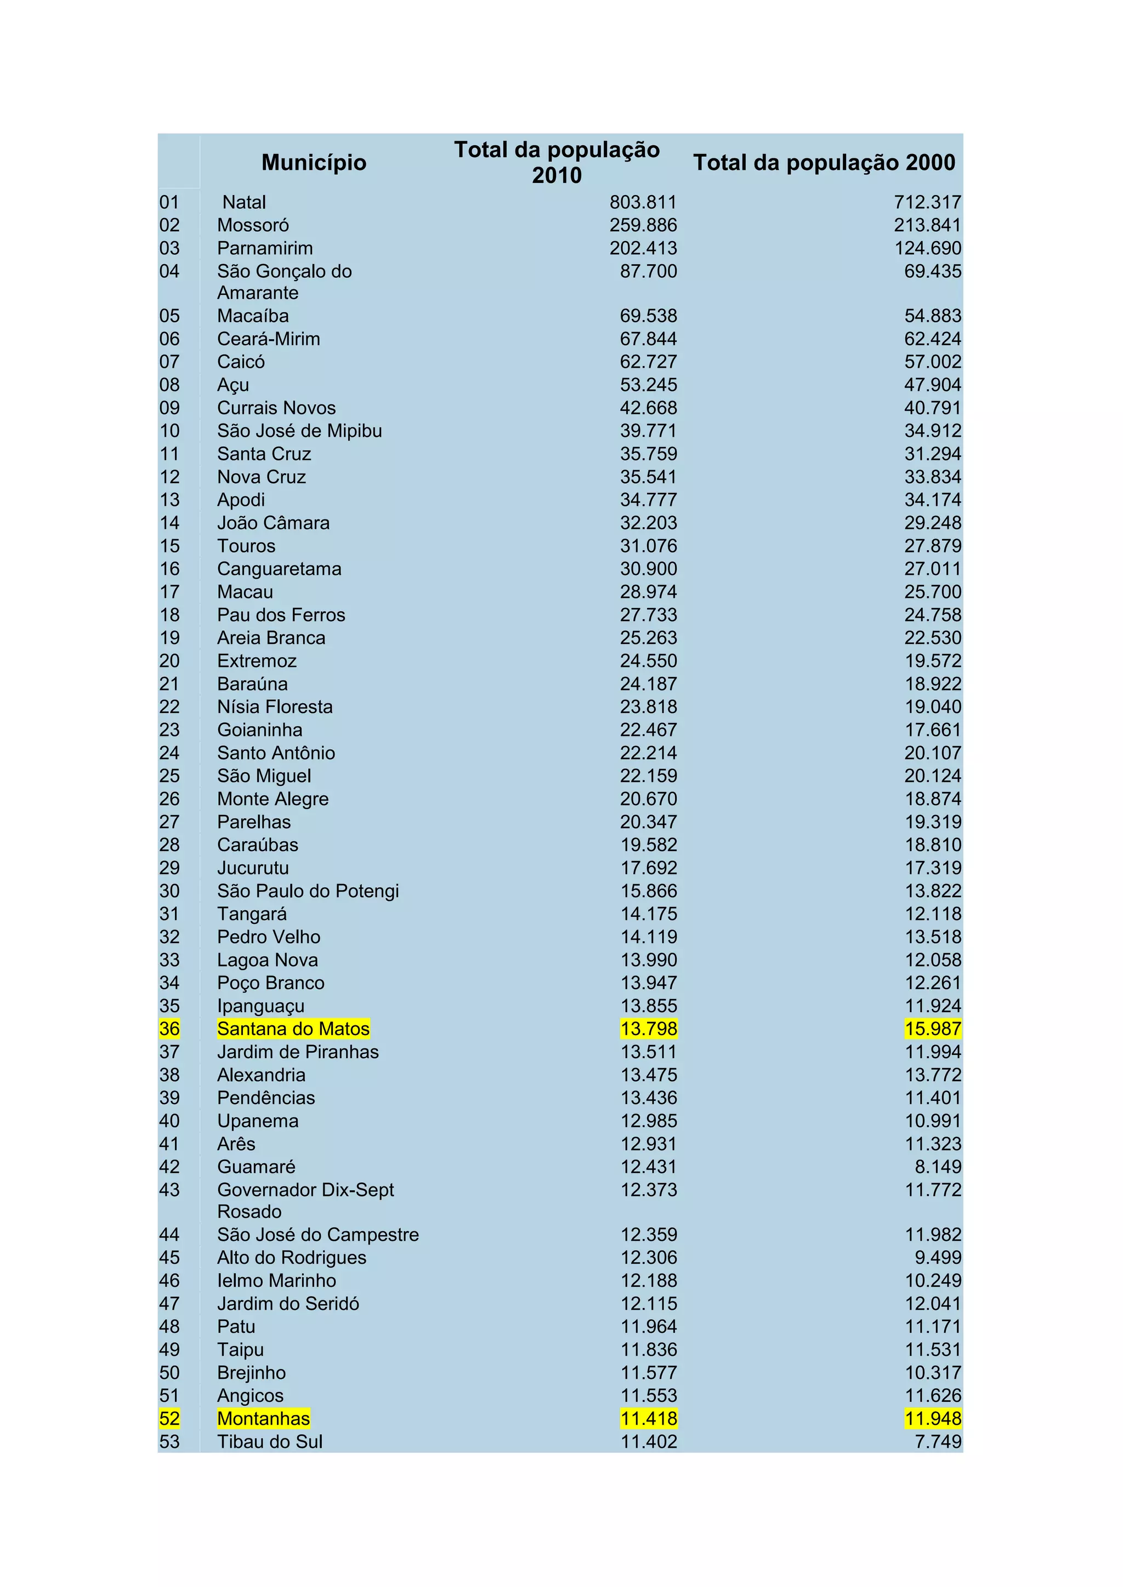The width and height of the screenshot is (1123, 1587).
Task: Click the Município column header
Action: click(x=314, y=162)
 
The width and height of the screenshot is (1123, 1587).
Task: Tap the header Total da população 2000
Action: click(x=824, y=162)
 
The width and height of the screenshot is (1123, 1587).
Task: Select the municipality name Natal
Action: click(x=244, y=203)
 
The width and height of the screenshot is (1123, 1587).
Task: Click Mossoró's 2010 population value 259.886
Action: click(x=643, y=225)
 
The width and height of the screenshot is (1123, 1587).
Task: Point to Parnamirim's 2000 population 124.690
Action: click(x=927, y=248)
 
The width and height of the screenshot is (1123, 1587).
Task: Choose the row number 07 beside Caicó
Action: click(x=169, y=362)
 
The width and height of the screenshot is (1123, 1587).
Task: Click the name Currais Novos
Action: click(x=276, y=408)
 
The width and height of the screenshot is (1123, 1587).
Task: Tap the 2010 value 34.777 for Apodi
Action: click(x=648, y=500)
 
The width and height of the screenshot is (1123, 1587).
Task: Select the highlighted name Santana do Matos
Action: click(x=293, y=1029)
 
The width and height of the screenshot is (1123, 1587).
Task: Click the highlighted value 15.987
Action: click(x=933, y=1029)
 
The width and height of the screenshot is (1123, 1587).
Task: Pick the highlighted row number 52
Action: click(x=169, y=1418)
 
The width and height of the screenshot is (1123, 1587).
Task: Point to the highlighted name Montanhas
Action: click(x=263, y=1418)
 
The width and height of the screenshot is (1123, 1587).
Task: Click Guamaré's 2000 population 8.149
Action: click(x=938, y=1167)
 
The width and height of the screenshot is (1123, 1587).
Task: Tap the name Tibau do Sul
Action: click(x=270, y=1441)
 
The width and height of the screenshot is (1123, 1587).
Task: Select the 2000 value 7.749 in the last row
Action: click(x=938, y=1441)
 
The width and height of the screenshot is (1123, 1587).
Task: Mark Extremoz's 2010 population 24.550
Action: click(x=648, y=661)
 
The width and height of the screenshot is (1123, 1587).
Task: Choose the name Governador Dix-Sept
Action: click(x=305, y=1190)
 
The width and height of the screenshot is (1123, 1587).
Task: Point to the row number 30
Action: click(x=169, y=891)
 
